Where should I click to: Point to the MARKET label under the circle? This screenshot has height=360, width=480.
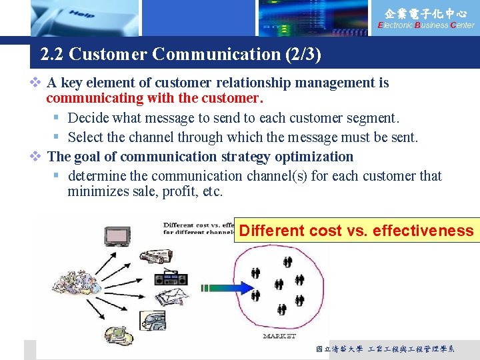point(279,336)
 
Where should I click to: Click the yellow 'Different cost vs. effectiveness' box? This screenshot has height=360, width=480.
point(357,231)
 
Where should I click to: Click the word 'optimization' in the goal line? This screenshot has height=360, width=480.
point(313,157)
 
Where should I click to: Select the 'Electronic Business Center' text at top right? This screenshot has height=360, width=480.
point(426,25)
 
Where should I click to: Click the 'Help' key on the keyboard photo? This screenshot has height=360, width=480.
point(81,14)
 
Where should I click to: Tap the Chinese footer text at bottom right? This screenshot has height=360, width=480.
point(385,349)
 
